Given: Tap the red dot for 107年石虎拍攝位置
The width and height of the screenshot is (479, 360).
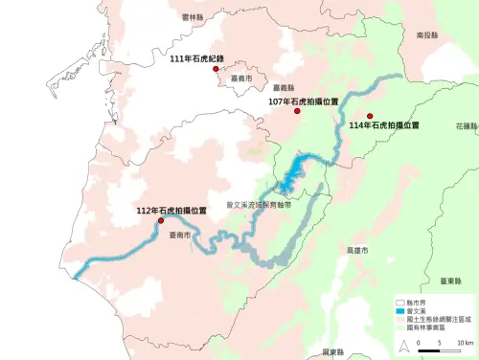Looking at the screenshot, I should (297, 112).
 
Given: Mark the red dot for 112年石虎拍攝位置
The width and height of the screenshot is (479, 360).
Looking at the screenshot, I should (160, 220).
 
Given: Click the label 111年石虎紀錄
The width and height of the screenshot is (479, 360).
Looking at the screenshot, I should (196, 58).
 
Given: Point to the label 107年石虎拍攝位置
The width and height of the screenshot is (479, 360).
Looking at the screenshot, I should (304, 101).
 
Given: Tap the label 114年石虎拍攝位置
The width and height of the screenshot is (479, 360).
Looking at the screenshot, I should (385, 125).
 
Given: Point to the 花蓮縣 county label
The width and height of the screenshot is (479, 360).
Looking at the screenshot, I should (467, 125).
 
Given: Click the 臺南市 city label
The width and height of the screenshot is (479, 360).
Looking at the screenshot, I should (179, 234).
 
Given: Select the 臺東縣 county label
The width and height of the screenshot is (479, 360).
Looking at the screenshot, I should (451, 281).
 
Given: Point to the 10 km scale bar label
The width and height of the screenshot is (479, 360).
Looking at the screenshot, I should (465, 342).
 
